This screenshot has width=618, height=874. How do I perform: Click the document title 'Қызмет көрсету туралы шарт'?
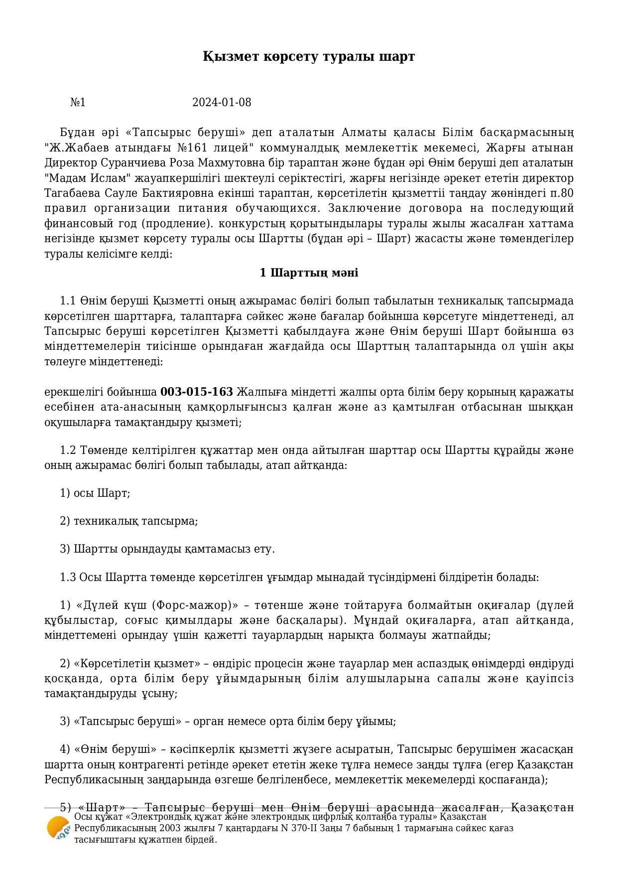pyautogui.click(x=309, y=56)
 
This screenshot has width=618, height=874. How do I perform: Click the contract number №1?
pyautogui.click(x=78, y=103)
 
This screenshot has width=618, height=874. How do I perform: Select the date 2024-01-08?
pyautogui.click(x=222, y=103)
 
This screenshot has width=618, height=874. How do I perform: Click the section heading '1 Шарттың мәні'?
pyautogui.click(x=309, y=273)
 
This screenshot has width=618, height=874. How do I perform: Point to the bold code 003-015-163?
pyautogui.click(x=197, y=392)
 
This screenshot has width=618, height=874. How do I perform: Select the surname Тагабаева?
pyautogui.click(x=71, y=193)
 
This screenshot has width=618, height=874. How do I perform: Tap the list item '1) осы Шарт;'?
pyautogui.click(x=95, y=493)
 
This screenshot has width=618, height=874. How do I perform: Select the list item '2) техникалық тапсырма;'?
pyautogui.click(x=128, y=521)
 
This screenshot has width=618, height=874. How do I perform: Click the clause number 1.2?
pyautogui.click(x=68, y=450)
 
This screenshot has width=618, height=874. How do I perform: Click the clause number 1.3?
pyautogui.click(x=68, y=578)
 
